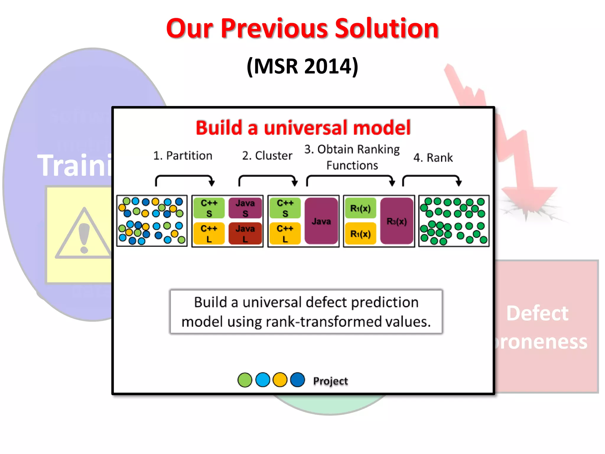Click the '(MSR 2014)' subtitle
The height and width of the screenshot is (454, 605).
pos(302,66)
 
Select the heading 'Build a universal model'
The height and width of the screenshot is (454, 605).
pos(303,128)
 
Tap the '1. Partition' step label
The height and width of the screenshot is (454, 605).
pos(183,155)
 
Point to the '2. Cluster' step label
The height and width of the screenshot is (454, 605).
pos(267,155)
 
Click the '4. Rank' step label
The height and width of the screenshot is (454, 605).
pos(433,158)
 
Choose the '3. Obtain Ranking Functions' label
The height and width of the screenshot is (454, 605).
pos(352,157)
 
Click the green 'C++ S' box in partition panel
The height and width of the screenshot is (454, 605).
pos(209,208)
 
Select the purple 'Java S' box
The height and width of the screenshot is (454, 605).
pos(245,208)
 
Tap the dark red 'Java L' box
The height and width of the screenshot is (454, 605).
pos(245,234)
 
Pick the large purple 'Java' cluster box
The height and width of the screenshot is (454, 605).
pos(321,221)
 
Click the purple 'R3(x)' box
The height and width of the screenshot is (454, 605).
pos(396,221)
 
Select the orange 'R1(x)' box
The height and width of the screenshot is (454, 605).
pos(360,234)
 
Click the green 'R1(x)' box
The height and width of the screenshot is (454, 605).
pos(360,208)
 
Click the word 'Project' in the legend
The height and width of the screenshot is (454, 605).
pos(330,381)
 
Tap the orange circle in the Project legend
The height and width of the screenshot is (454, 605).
pos(280,380)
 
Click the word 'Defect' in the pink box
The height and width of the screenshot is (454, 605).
pos(537,313)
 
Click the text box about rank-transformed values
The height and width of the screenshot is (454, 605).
pos(306,312)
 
